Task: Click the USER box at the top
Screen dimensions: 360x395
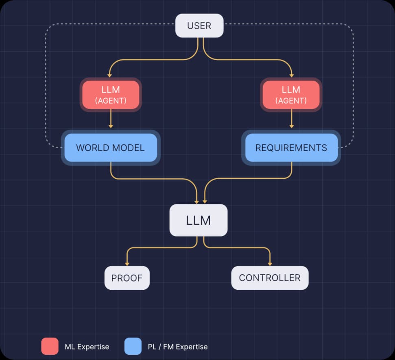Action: point(199,26)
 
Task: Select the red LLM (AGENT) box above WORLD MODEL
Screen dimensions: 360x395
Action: point(110,95)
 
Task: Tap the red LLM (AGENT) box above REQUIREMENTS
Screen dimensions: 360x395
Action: point(291,95)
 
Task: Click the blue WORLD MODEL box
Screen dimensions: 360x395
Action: point(110,147)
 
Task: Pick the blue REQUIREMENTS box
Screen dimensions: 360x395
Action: point(291,147)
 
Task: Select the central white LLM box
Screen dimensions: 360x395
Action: point(198,220)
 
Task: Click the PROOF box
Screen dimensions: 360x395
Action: point(127,278)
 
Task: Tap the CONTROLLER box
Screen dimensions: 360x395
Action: point(270,278)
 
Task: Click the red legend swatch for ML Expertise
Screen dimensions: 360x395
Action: point(50,346)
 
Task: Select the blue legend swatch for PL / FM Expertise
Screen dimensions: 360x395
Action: point(133,346)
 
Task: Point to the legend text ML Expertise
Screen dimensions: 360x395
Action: point(87,347)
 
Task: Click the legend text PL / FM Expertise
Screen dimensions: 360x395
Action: point(177,347)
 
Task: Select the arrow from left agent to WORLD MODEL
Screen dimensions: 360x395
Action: point(110,120)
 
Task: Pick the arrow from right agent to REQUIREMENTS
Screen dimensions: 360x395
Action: point(291,120)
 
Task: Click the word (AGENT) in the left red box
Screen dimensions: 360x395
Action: point(110,101)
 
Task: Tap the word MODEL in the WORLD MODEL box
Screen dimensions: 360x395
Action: point(129,147)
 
